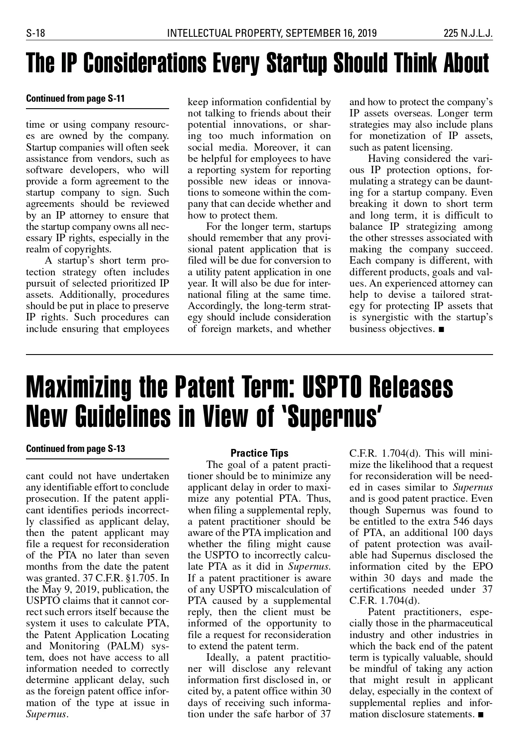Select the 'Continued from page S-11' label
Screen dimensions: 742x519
(75, 98)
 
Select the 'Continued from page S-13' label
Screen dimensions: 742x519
(75, 448)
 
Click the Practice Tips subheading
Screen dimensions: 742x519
(259, 453)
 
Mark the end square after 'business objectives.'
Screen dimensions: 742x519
(441, 330)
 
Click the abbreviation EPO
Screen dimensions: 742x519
(481, 567)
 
